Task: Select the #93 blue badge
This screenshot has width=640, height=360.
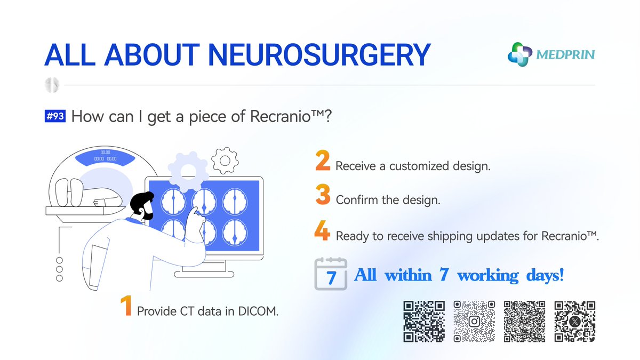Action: tap(55, 116)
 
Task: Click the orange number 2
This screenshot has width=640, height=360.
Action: tap(323, 162)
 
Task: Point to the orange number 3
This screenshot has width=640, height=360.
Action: tap(323, 195)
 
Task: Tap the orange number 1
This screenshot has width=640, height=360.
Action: tap(126, 306)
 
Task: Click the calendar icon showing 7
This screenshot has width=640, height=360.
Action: tap(331, 274)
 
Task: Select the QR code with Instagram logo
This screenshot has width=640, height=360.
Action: tap(474, 321)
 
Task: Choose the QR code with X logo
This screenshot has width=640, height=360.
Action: tap(574, 321)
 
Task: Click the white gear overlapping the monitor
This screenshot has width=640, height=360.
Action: tap(188, 171)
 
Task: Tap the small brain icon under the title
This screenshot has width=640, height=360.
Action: tap(52, 85)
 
